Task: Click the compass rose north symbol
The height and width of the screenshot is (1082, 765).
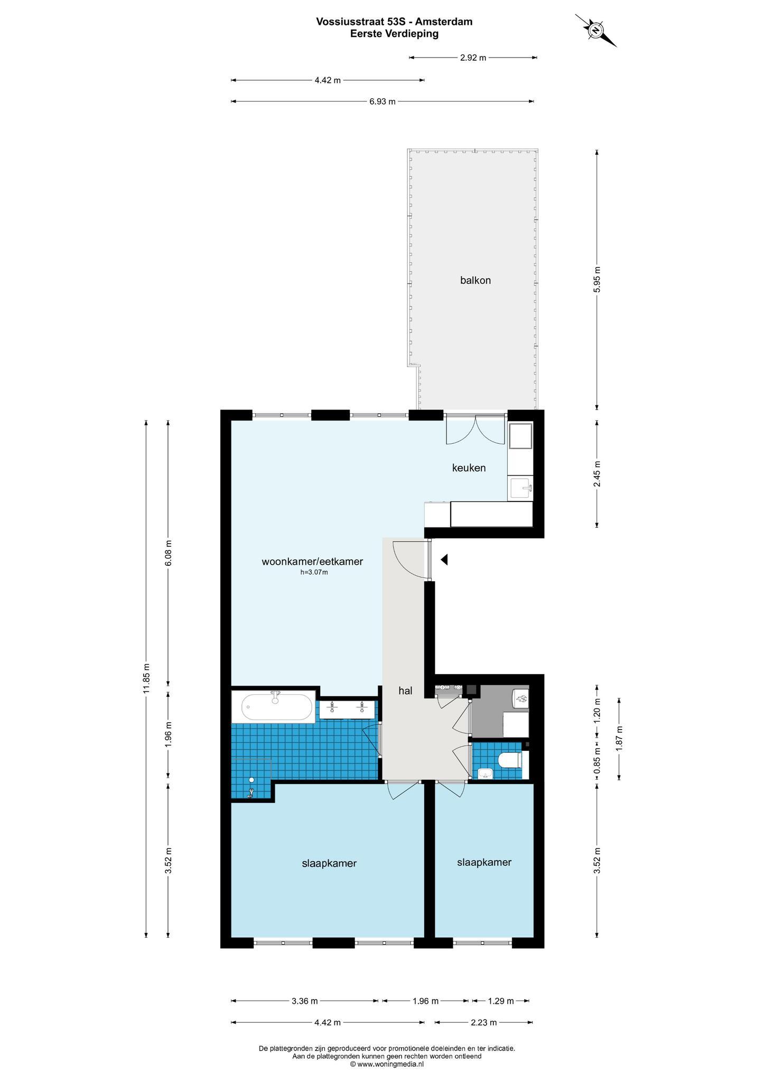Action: [x=596, y=31]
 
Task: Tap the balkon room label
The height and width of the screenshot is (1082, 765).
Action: [x=475, y=281]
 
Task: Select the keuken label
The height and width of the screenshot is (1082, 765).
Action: [x=469, y=468]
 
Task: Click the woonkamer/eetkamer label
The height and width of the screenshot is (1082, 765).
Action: [x=312, y=562]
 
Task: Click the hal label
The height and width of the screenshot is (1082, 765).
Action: [x=405, y=691]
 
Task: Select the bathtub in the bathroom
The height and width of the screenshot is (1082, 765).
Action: [x=277, y=707]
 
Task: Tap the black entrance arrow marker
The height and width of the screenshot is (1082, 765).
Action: [x=444, y=559]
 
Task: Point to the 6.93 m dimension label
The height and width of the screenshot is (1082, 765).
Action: [x=382, y=101]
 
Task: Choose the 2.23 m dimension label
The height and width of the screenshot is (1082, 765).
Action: [x=483, y=1022]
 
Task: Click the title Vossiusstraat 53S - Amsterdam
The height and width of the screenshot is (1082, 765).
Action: [x=394, y=22]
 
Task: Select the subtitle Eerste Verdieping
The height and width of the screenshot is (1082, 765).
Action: [x=394, y=34]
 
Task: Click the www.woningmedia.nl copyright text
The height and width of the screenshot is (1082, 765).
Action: [x=387, y=1064]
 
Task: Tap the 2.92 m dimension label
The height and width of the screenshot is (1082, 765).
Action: [x=473, y=58]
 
